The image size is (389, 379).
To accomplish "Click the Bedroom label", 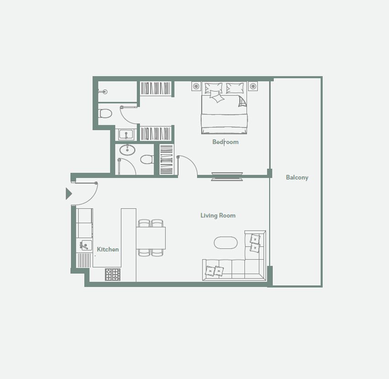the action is click(225, 142).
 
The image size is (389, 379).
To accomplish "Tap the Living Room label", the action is click(218, 215).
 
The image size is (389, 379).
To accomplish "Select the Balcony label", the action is click(297, 177).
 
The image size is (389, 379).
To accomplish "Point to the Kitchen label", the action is click(108, 249).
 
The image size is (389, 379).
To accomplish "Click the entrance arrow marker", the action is click(69, 193).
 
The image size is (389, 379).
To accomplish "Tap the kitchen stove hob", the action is click(113, 275).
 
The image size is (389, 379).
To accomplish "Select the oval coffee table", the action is click(226, 243).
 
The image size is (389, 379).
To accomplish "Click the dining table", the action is click(151, 238).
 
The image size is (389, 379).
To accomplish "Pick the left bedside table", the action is click(196, 86).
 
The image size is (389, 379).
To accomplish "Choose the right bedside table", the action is click(253, 86).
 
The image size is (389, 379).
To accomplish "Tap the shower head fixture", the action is click(103, 92).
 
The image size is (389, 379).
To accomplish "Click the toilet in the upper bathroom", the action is click(105, 114).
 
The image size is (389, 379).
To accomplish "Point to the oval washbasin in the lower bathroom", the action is click(127, 150).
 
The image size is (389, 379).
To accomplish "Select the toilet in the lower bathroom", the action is click(147, 159).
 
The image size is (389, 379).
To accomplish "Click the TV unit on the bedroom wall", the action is click(227, 176).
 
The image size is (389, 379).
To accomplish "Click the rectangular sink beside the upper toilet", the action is click(126, 135).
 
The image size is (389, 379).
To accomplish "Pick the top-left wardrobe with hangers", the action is click(156, 88).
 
